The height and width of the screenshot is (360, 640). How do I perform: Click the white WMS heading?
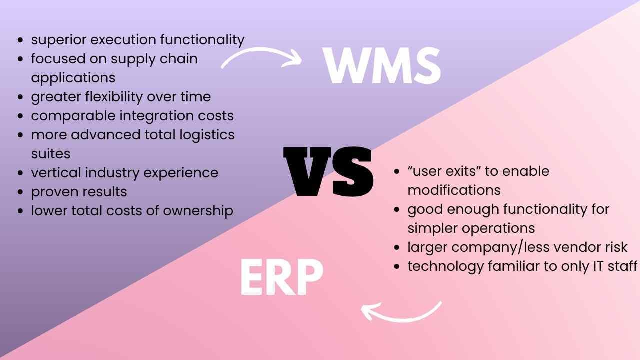pyautogui.click(x=382, y=66)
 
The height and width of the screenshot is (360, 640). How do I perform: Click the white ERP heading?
pyautogui.click(x=281, y=278)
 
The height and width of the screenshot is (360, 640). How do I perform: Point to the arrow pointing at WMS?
pyautogui.click(x=261, y=58)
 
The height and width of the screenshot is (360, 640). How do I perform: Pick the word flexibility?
pyautogui.click(x=113, y=97)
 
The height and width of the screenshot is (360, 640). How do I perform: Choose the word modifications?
pyautogui.click(x=454, y=190)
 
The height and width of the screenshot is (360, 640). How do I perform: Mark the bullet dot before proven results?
pyautogui.click(x=20, y=192)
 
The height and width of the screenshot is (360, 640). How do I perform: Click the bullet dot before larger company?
pyautogui.click(x=397, y=247)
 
